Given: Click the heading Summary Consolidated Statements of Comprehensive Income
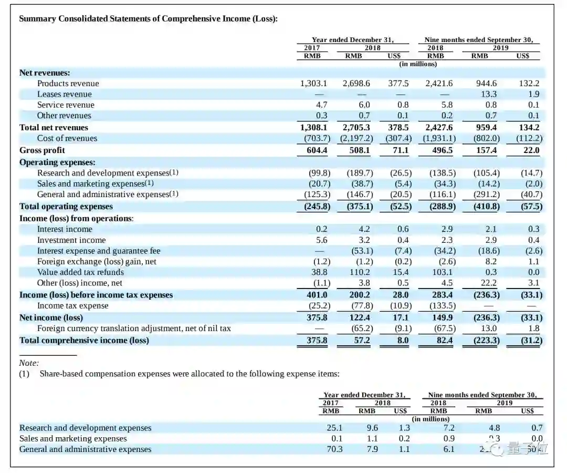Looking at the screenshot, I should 148,18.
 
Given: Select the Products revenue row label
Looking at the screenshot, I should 68,84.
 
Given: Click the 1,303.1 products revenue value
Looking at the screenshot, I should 313,84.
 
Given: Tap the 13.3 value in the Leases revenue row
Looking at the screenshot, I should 488,94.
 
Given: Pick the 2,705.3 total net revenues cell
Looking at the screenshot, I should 356,127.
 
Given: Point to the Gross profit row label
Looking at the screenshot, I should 42,150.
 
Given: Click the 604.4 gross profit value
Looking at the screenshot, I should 317,150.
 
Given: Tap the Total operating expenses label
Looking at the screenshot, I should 66,207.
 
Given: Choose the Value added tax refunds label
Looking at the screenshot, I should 80,272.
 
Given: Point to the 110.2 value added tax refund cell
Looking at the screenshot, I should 360,272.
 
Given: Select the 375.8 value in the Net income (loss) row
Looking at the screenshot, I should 317,317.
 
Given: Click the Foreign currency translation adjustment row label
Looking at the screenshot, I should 134,328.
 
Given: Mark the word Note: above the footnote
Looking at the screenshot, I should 29,363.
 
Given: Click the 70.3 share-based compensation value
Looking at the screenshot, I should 334,449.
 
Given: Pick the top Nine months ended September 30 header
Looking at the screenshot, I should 482,40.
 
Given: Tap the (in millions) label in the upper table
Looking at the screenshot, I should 418,64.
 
